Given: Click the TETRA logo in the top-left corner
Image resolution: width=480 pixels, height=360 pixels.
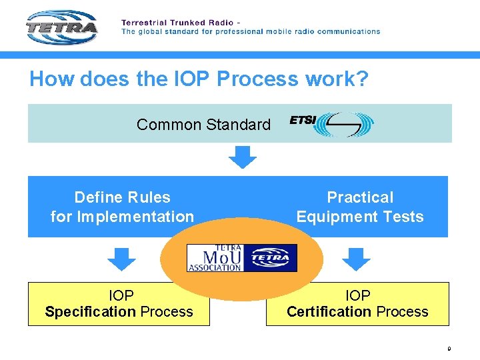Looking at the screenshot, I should coord(62,28).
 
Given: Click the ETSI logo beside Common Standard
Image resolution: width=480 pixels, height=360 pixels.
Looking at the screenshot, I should coord(331,124).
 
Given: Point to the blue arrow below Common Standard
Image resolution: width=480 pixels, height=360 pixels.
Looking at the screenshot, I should coord(243,158).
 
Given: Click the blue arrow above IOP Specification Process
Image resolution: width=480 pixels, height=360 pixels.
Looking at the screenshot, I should coord(121,259).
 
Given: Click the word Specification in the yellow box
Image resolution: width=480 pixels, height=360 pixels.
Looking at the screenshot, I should coord(90,312).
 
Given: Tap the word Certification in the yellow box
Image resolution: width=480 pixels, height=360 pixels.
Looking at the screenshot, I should coord(329,312).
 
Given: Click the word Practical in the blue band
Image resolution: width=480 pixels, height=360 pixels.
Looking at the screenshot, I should coord(360,197).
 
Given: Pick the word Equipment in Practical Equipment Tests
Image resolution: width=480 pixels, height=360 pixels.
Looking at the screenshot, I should coord(337,217).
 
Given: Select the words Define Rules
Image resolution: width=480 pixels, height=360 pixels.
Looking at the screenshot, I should coord(122,197).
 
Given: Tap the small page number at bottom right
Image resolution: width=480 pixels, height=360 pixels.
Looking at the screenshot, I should coord(449,348).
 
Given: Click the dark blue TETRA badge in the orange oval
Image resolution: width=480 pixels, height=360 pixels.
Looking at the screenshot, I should coord(270,258).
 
